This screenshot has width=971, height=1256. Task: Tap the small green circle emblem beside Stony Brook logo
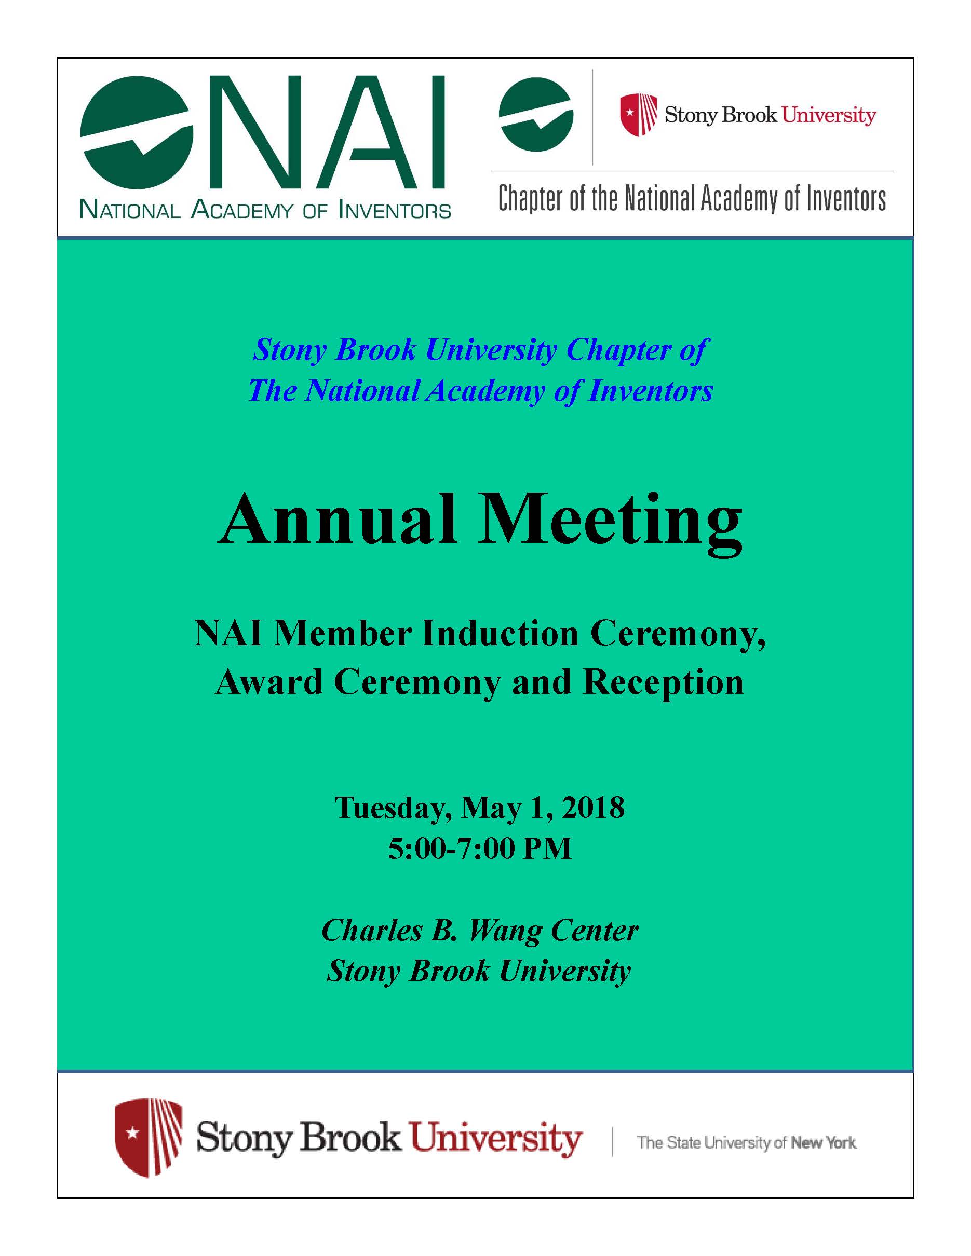pyautogui.click(x=535, y=115)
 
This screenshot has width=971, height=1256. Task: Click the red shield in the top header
pyautogui.click(x=639, y=115)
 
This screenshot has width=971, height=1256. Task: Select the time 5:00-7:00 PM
pyautogui.click(x=480, y=848)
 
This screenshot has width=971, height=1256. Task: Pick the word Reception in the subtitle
pyautogui.click(x=663, y=683)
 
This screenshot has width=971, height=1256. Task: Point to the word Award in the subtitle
pyautogui.click(x=268, y=683)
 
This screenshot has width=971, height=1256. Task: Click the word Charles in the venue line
pyautogui.click(x=371, y=931)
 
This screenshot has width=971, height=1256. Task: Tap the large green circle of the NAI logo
pyautogui.click(x=137, y=132)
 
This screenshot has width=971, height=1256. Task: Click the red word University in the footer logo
pyautogui.click(x=495, y=1139)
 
